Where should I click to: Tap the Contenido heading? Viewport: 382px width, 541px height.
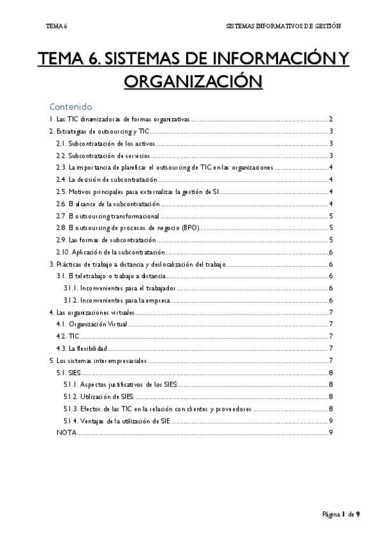[x=71, y=107]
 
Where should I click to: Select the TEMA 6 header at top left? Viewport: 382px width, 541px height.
[x=57, y=27]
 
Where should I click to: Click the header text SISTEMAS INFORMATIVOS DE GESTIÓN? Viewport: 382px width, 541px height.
[x=284, y=27]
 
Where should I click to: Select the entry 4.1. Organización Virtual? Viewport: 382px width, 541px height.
[x=91, y=324]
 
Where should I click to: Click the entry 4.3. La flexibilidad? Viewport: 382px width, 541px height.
[x=81, y=348]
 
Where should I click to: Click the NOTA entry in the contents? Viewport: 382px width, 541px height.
[x=66, y=433]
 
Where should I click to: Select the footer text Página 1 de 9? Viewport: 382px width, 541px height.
[x=341, y=514]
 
